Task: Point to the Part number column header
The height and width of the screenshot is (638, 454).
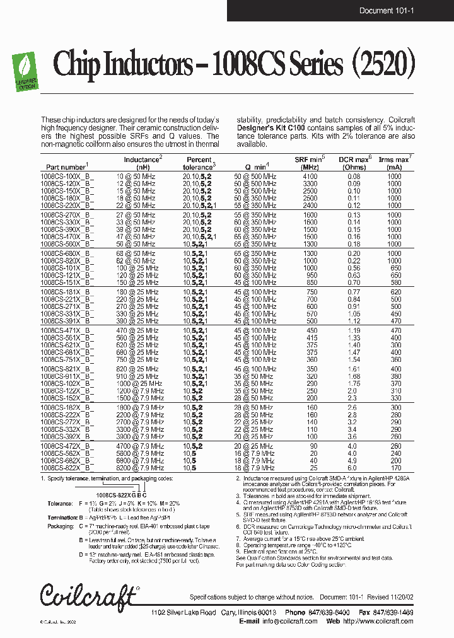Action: point(65,166)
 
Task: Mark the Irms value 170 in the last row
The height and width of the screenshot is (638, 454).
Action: point(395,468)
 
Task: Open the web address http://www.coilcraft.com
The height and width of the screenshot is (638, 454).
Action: point(378,621)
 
